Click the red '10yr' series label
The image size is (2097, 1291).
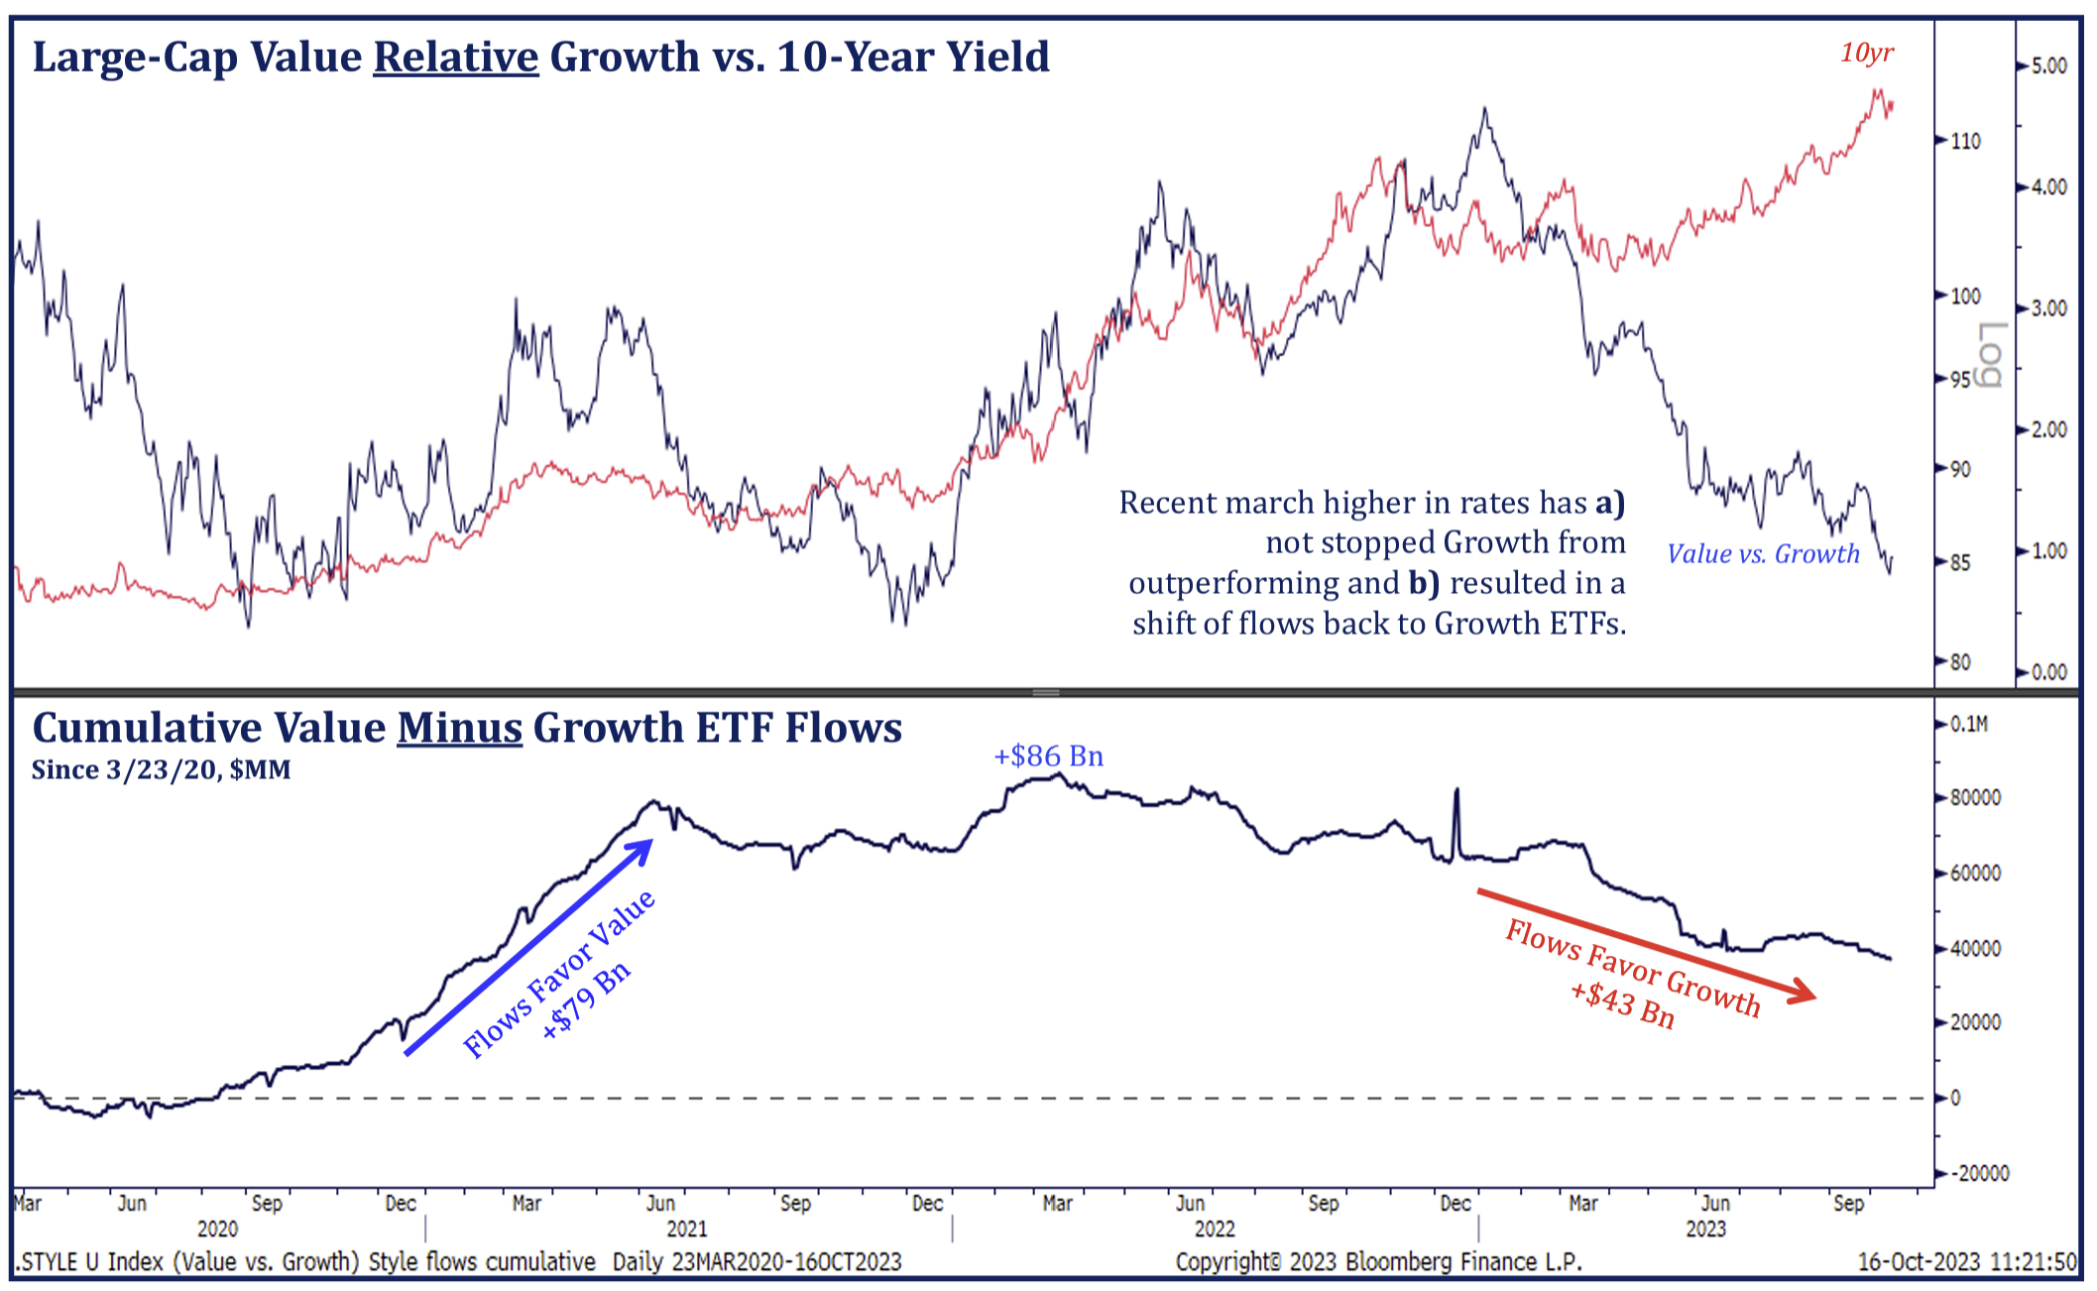pyautogui.click(x=1866, y=53)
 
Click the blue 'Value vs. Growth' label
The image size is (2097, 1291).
pyautogui.click(x=1762, y=553)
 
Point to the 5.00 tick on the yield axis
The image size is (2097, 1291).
pyautogui.click(x=2048, y=65)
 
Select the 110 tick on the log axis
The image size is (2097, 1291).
pyautogui.click(x=1965, y=141)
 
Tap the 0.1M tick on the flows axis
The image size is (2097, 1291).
pyautogui.click(x=1968, y=724)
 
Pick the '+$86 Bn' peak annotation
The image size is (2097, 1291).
pyautogui.click(x=1048, y=756)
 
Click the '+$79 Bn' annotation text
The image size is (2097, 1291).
pyautogui.click(x=586, y=999)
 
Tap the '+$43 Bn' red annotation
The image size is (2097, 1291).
pyautogui.click(x=1622, y=1002)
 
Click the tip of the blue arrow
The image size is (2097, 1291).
pyautogui.click(x=651, y=842)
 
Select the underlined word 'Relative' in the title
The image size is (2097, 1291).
pyautogui.click(x=455, y=57)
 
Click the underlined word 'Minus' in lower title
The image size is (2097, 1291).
pyautogui.click(x=459, y=728)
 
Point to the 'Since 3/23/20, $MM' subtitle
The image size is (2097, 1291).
pyautogui.click(x=161, y=770)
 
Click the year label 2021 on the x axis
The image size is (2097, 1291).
pyautogui.click(x=686, y=1229)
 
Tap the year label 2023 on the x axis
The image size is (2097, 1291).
pyautogui.click(x=1705, y=1229)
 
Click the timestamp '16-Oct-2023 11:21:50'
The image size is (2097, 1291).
pyautogui.click(x=1966, y=1261)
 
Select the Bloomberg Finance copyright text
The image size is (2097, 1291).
pyautogui.click(x=1378, y=1261)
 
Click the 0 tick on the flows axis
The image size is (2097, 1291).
pyautogui.click(x=1955, y=1098)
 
